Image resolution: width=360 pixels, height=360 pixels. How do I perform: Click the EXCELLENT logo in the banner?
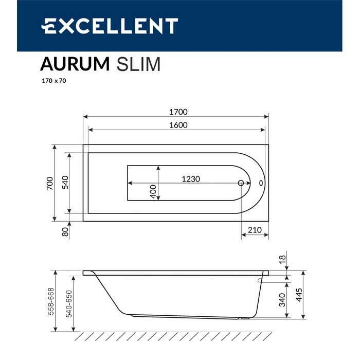pyautogui.click(x=110, y=26)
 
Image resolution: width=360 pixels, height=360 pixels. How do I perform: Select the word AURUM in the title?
pyautogui.click(x=75, y=64)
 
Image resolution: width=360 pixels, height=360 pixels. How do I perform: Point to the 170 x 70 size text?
pyautogui.click(x=53, y=81)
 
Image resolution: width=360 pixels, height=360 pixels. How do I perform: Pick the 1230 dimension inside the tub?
pyautogui.click(x=190, y=179)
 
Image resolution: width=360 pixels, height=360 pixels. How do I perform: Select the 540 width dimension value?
pyautogui.click(x=65, y=183)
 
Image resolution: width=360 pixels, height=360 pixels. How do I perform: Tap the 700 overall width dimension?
pyautogui.click(x=49, y=184)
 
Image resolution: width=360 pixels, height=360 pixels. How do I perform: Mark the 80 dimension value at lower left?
pyautogui.click(x=65, y=231)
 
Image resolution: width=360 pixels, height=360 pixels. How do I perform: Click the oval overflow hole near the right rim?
pyautogui.click(x=261, y=183)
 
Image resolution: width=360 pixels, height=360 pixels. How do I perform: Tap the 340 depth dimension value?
pyautogui.click(x=282, y=300)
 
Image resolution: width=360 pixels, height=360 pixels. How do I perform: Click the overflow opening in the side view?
pyautogui.click(x=258, y=280)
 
